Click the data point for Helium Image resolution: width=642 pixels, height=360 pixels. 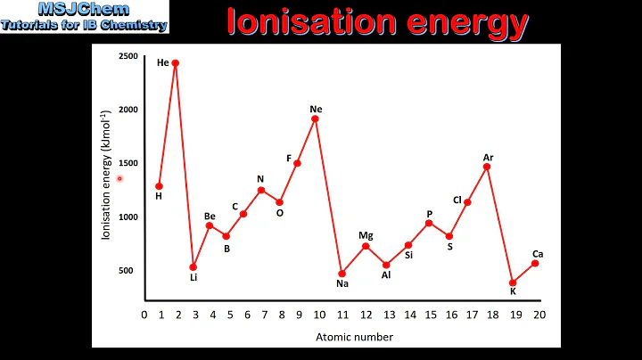pos(176,63)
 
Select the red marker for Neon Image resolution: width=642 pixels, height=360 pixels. pos(316,119)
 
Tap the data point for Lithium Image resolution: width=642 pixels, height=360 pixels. pos(193,266)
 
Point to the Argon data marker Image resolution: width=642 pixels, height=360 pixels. pos(488,167)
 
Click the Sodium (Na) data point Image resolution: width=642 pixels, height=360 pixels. pos(342,274)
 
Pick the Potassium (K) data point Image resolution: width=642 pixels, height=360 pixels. pos(513,282)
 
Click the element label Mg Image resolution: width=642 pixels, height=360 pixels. pos(366,235)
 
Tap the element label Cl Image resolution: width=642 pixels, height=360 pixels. pos(457,200)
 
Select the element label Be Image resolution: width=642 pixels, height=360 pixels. pos(210,216)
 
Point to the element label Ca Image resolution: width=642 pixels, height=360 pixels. pos(538,253)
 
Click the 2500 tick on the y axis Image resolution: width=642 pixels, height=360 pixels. pos(128,56)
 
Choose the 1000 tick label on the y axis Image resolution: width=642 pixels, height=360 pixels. pos(128,217)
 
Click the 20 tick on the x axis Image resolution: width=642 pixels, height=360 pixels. pos(539,315)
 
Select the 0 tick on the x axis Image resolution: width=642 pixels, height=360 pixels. pos(144,315)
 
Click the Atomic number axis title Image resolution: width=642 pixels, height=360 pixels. pos(354,337)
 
